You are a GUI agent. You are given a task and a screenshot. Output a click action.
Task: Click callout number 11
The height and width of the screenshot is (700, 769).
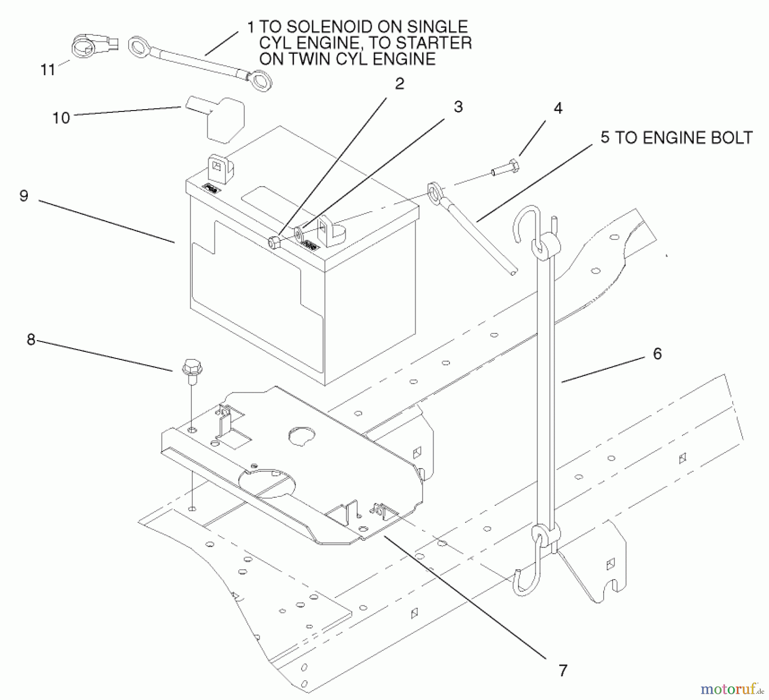click(x=48, y=70)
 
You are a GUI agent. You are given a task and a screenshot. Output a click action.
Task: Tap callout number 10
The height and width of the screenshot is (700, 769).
click(x=61, y=117)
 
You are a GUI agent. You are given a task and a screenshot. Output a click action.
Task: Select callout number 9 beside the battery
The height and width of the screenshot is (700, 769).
click(x=24, y=196)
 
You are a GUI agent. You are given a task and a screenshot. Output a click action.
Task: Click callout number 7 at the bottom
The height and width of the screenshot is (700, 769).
click(x=563, y=670)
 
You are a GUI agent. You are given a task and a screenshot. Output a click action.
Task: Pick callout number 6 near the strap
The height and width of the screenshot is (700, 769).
click(x=657, y=354)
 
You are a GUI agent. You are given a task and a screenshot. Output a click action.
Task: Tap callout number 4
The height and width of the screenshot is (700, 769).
click(x=558, y=108)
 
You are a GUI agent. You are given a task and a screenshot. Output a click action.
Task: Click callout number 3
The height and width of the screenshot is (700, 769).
click(x=458, y=107)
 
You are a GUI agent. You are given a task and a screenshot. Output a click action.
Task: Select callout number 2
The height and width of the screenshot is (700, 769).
click(x=399, y=84)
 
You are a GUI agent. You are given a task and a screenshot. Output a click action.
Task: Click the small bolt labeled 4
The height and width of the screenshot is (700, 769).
click(x=507, y=167)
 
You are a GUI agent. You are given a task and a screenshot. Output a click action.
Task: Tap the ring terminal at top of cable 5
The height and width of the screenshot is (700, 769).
click(x=434, y=191)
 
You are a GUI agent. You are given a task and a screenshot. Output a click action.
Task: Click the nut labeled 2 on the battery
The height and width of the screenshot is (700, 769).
click(x=273, y=242)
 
